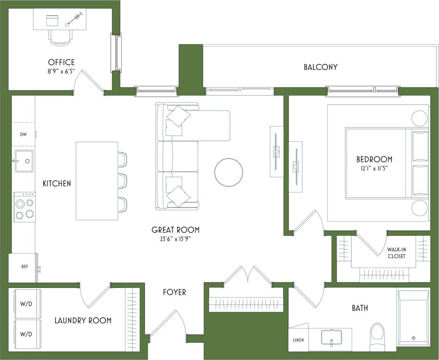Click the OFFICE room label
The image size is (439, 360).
[x=61, y=62]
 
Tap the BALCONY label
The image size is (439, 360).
[x=320, y=67]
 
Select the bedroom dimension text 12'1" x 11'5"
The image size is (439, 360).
[x=374, y=168]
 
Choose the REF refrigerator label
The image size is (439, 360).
[x=25, y=267]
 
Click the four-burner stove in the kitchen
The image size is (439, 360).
[x=25, y=207]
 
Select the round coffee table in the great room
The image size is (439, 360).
[x=229, y=172]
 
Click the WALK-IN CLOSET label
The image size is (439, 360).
[x=396, y=253]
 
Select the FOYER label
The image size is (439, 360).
[x=174, y=292]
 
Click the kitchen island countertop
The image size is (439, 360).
[x=97, y=181]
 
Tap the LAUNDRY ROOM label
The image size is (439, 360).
[x=83, y=320]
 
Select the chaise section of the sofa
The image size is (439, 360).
[x=206, y=125]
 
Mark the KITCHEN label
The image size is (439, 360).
[x=57, y=183]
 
